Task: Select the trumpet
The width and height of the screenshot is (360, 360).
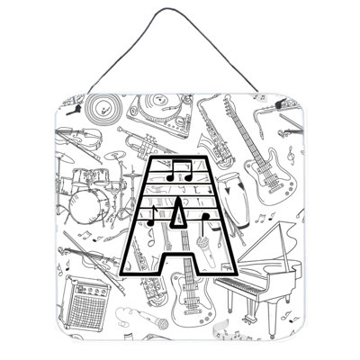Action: click(140, 143)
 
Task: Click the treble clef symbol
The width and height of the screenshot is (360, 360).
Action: click(290, 155)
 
